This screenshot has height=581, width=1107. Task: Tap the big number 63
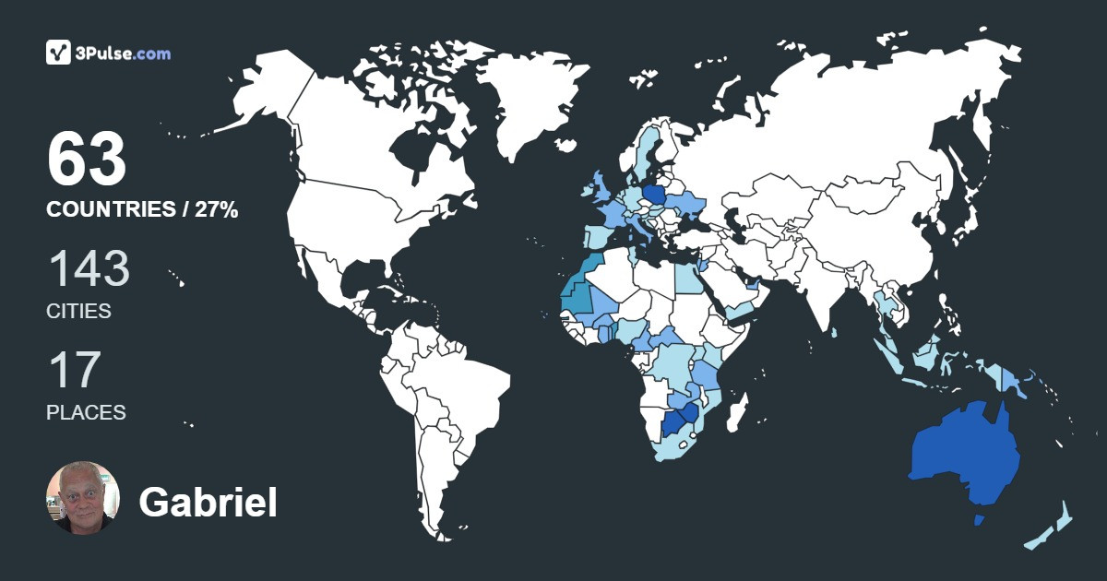point(87,160)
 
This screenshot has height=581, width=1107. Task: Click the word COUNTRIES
point(111,210)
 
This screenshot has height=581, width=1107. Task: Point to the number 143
point(89,269)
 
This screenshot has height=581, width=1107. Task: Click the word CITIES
point(78,312)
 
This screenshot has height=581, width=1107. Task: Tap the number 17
point(74,370)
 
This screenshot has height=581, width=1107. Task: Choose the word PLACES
point(86,412)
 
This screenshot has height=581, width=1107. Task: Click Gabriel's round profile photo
point(83,498)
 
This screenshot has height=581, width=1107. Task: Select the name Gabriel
point(208,503)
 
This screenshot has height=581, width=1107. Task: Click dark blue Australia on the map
point(964,456)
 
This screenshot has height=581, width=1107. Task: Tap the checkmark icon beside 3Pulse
point(59,53)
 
